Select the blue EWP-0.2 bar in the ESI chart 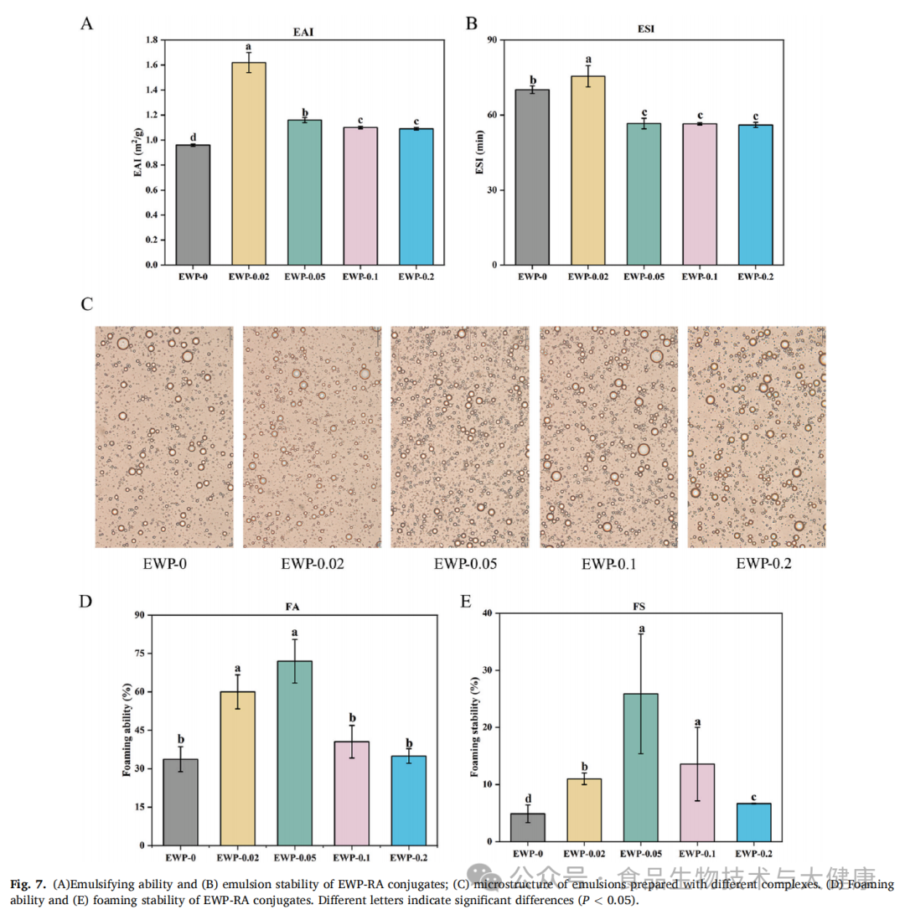pyautogui.click(x=755, y=194)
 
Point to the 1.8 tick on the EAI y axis pyautogui.click(x=151, y=40)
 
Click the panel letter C pyautogui.click(x=86, y=303)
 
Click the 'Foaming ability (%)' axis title pyautogui.click(x=127, y=730)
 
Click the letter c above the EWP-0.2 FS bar pyautogui.click(x=754, y=795)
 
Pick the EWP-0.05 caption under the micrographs pyautogui.click(x=466, y=563)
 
